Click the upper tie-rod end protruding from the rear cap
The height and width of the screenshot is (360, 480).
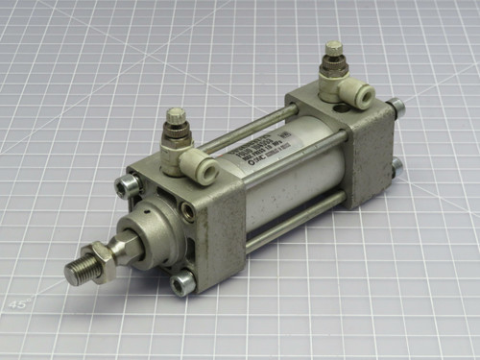coord(396,108)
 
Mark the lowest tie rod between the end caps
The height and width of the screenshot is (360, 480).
coord(288,224)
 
